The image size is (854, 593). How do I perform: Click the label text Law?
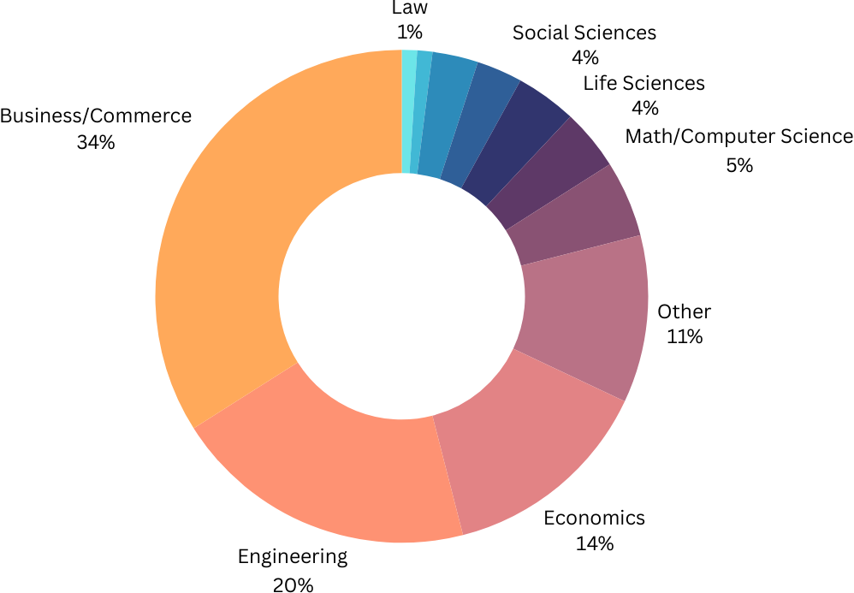click(409, 9)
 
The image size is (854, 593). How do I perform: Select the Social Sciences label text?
click(584, 33)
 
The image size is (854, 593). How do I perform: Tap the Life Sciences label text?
click(643, 83)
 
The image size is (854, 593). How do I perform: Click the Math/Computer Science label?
click(738, 136)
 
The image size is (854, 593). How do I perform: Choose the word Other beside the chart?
click(684, 311)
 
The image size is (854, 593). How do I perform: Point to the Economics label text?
click(594, 518)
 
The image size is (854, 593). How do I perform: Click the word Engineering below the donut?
click(293, 557)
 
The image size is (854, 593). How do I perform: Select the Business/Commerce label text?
click(96, 116)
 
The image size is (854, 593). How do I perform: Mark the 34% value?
click(95, 142)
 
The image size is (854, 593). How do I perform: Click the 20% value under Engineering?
click(294, 584)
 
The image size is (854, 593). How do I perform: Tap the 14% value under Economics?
click(595, 543)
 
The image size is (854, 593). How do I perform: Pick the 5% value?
click(739, 165)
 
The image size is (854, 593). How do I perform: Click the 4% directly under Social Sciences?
click(584, 58)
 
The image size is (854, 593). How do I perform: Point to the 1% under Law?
click(409, 33)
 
